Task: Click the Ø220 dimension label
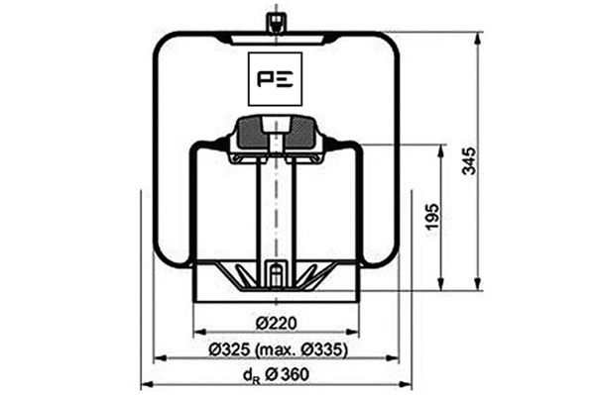275,322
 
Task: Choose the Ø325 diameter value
230,350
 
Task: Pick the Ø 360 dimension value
289,373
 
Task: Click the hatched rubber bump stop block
272,133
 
